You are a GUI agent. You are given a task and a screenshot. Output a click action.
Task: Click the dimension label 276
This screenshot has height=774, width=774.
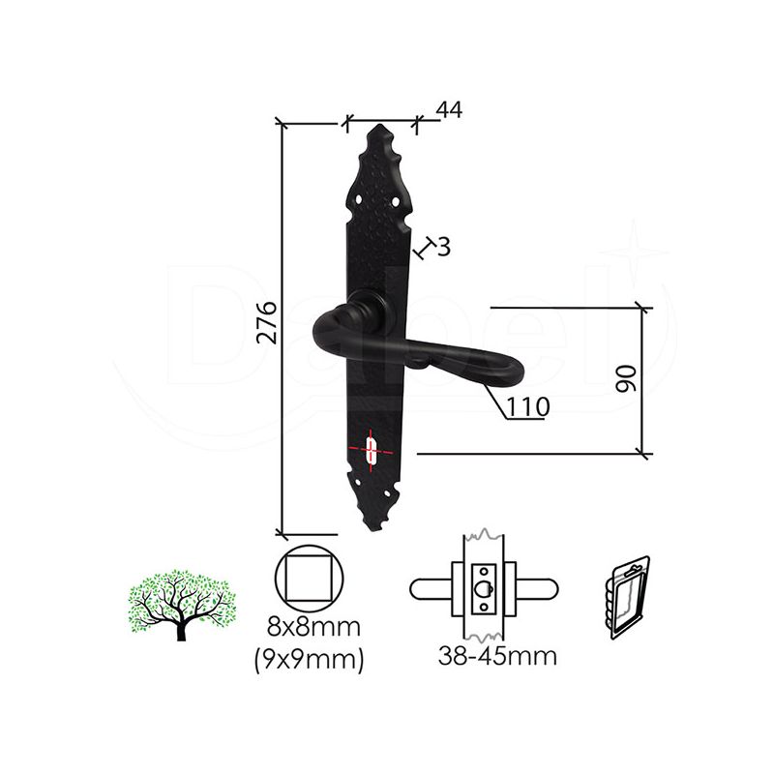point(268,322)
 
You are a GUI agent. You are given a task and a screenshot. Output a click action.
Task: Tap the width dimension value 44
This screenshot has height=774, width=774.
point(449,109)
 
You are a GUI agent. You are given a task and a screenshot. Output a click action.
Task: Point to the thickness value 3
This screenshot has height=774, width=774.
point(444,247)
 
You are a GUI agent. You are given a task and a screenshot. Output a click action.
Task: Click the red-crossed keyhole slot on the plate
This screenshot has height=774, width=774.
point(371,450)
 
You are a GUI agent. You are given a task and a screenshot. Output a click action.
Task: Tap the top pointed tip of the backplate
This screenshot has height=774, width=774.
point(379,125)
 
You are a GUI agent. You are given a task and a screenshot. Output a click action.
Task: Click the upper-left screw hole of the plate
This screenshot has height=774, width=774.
point(359,199)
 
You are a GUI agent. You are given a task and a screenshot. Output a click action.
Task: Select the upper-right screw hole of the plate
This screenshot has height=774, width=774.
point(396,201)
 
